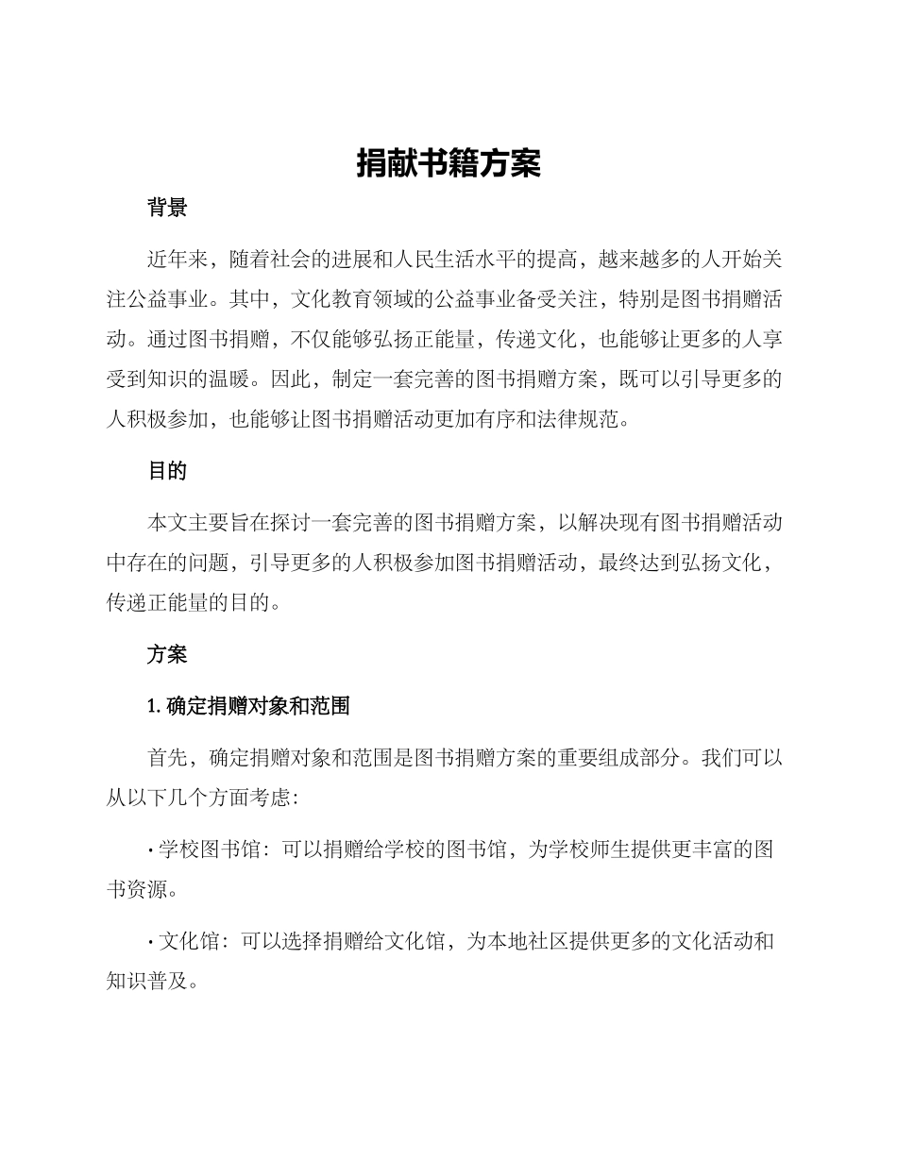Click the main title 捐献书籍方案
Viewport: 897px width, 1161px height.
448,164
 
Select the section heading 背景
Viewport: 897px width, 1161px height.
167,209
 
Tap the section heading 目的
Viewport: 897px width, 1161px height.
167,471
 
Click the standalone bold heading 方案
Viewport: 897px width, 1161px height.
167,654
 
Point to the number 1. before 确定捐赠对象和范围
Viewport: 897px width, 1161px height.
156,705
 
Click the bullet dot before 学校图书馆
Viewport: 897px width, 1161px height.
151,850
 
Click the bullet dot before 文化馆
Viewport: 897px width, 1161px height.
151,941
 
